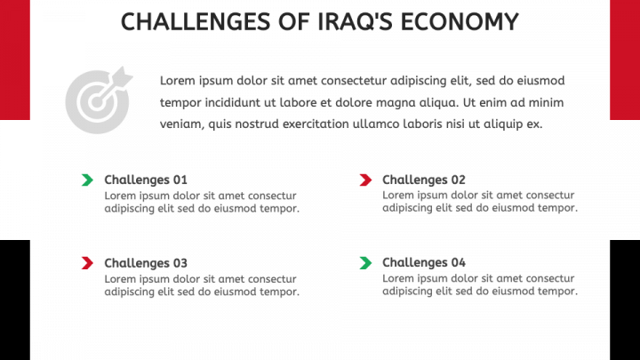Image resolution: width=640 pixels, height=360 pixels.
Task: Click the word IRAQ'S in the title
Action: coord(355,21)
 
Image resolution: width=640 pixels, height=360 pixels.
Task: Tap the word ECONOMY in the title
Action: coord(460,21)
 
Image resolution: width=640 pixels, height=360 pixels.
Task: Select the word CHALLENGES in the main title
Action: coord(196,21)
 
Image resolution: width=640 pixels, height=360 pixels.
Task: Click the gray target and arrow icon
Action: coord(99,100)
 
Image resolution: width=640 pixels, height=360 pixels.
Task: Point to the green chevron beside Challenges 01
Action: coord(87,180)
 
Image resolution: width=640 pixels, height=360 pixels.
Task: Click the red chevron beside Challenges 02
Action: coord(365,180)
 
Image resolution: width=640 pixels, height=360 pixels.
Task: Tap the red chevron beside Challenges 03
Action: coord(87,263)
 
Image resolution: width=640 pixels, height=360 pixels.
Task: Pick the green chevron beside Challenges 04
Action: coord(365,263)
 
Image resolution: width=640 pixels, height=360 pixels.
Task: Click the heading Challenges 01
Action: coord(146,180)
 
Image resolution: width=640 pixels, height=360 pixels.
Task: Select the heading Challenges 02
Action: coord(424,180)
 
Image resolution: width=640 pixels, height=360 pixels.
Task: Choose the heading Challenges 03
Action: coord(146,263)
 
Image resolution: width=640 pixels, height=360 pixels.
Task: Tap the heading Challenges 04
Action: coord(424,262)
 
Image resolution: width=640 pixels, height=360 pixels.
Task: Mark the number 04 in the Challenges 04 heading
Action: coord(459,262)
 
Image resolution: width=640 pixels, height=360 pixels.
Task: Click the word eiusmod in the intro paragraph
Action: coord(540,81)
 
